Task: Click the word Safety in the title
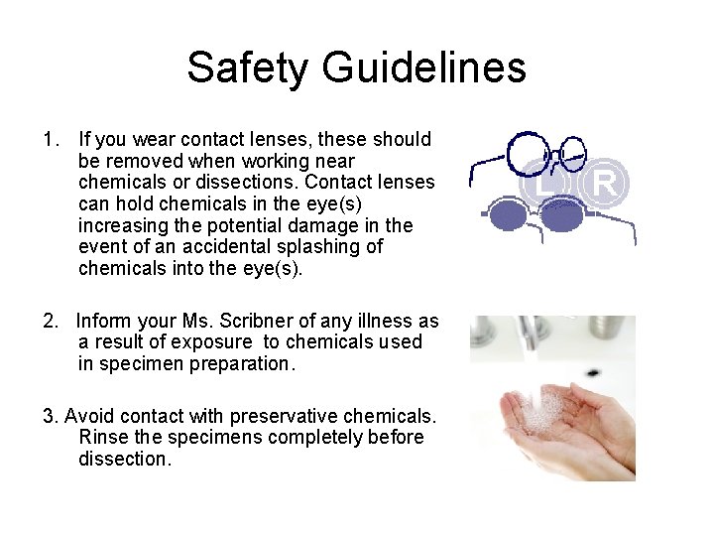click(248, 67)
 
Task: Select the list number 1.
click(51, 139)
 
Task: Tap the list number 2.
click(51, 321)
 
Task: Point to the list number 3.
click(51, 416)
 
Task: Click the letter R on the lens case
click(605, 183)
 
